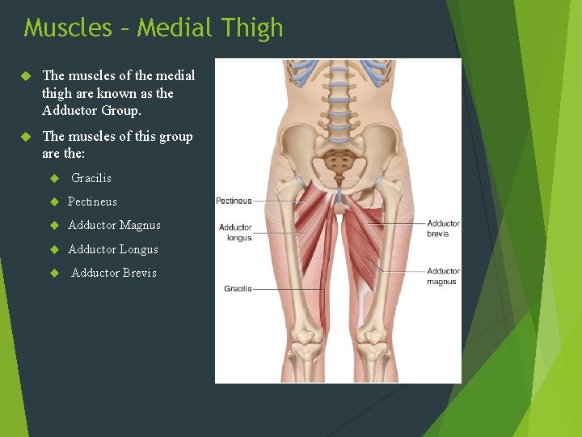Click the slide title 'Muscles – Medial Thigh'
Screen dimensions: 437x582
pos(154,28)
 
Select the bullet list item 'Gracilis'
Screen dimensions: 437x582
pos(91,178)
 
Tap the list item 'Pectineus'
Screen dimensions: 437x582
pos(92,202)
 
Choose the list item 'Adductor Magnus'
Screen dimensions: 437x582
pos(114,225)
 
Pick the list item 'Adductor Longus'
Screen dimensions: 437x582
pos(113,249)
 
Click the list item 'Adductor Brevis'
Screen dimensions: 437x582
pos(114,273)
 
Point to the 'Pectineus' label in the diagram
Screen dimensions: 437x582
pos(234,201)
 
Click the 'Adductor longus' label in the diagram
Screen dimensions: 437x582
pos(235,233)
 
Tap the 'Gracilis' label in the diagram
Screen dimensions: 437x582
pos(238,289)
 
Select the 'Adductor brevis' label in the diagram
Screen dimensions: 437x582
pos(443,228)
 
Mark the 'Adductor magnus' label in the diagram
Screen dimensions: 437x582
pos(443,276)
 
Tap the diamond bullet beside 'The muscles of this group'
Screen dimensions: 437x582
pos(25,137)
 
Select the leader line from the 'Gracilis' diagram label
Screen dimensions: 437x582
pos(287,289)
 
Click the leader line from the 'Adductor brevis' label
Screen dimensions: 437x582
pos(396,223)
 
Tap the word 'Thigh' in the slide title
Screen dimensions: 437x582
pos(250,28)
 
